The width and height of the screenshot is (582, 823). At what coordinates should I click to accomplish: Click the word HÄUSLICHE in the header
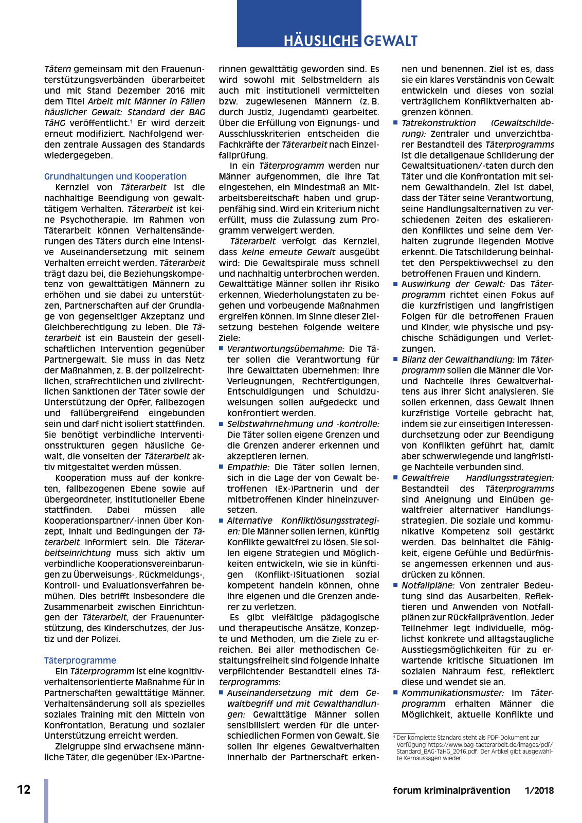coord(321,41)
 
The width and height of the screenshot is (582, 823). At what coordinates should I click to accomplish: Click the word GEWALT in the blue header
coord(391,41)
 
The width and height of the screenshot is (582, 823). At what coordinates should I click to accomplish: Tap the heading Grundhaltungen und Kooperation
coord(115,176)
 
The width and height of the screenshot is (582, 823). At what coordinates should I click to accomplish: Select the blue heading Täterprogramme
coord(80,660)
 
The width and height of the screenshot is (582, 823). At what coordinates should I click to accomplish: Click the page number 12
coord(24,790)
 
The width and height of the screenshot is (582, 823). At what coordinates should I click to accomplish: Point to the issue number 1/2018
coord(539,791)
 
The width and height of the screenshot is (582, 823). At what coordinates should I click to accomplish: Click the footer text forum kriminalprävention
coord(451,791)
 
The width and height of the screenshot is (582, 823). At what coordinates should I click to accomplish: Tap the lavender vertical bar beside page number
coord(46,800)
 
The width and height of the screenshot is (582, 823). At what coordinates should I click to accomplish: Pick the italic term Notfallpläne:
coord(428,585)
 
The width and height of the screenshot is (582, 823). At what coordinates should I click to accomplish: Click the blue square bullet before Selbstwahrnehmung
coord(221,424)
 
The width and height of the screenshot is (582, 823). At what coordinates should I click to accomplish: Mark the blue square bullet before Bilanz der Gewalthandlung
coord(395,360)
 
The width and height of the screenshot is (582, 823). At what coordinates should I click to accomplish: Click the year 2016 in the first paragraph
coord(175,91)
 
